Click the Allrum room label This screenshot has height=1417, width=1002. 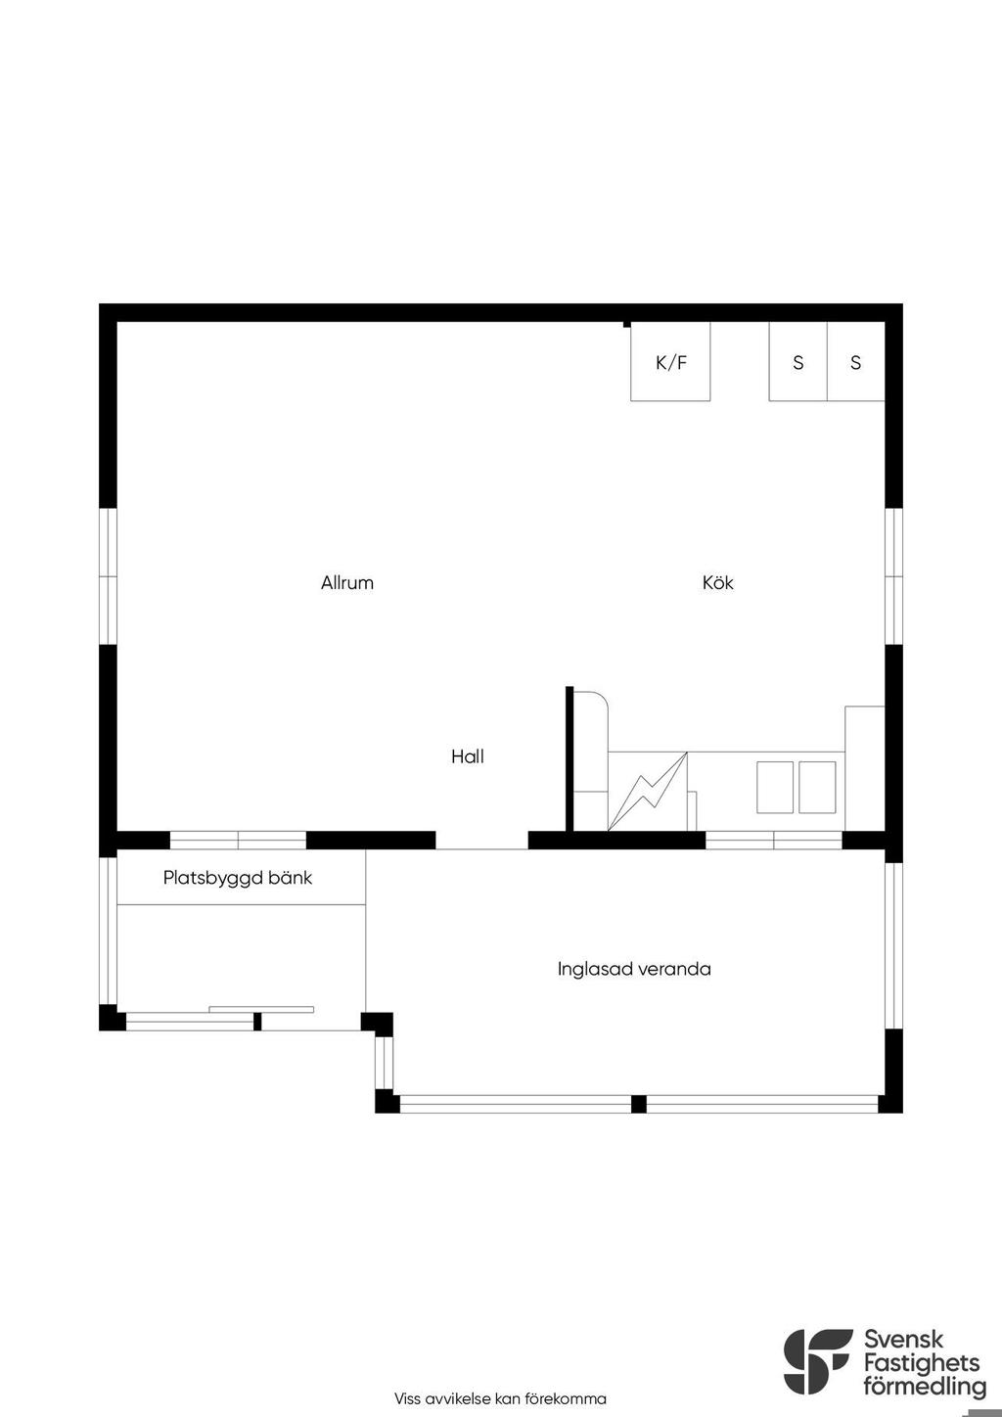coord(347,582)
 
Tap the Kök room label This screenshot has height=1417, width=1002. coord(718,582)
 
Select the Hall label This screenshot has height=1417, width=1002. coord(468,755)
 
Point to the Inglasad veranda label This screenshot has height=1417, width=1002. coord(634,969)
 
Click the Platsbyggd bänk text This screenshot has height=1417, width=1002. coord(238,878)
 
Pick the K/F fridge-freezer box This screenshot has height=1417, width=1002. coord(670,361)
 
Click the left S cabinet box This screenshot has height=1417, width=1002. coord(798,361)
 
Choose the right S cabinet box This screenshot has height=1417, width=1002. coord(856,361)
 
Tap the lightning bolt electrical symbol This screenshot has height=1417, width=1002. coord(647,791)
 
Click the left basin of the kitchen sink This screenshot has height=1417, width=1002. coord(775,787)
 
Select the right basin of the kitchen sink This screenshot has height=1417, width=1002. coord(817,787)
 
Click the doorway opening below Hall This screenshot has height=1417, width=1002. coord(482,840)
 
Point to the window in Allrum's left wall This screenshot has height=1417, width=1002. coord(109,576)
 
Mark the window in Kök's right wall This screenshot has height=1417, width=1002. coord(893,576)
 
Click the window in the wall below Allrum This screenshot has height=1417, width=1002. coord(239,840)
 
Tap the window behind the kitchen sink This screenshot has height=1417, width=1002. coord(774,840)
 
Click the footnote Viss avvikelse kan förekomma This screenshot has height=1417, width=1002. coord(500,1398)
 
